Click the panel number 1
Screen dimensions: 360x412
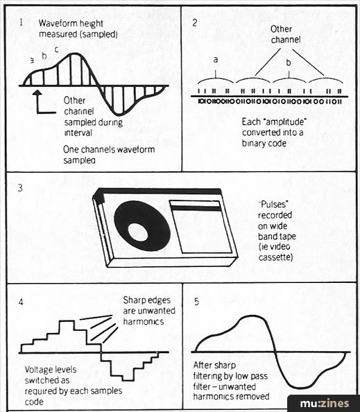[x=22, y=23]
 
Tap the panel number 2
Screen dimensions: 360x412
[x=195, y=23]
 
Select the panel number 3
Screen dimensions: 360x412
[x=20, y=188]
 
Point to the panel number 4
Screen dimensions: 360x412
[x=21, y=302]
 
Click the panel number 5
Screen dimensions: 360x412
[x=196, y=302]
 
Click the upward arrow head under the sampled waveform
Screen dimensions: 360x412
[x=38, y=92]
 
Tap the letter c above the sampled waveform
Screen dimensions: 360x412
[x=56, y=49]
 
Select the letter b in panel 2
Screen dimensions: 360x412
[x=289, y=62]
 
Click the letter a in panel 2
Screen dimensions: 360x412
[x=216, y=60]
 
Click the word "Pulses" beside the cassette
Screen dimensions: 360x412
[x=274, y=204]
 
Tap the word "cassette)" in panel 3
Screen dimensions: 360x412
[x=275, y=257]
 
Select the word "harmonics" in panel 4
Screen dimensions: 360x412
[x=144, y=322]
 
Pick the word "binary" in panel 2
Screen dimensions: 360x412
[x=252, y=144]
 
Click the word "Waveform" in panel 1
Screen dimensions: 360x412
[x=56, y=24]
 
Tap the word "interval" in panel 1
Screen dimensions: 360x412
[x=78, y=132]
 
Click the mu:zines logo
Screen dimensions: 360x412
[x=324, y=404]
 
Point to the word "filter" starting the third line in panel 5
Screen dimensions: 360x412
[x=203, y=387]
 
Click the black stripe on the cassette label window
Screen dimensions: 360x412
[x=196, y=209]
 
